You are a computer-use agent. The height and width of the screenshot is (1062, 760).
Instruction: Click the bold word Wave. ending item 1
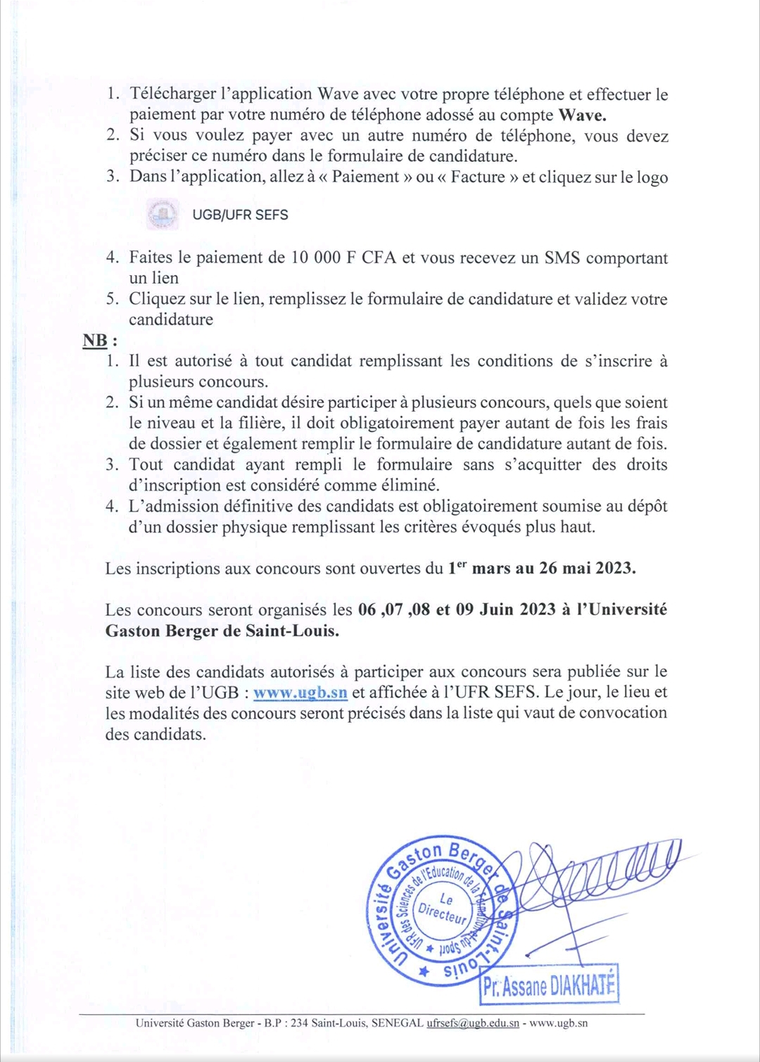[582, 115]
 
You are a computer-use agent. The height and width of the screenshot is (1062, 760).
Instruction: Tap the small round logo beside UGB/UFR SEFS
[163, 214]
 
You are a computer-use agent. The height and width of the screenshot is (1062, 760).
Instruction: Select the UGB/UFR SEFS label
[240, 215]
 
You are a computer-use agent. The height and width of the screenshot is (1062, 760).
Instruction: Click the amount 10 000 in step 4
[316, 258]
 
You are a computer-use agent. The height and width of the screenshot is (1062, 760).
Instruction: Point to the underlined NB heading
[96, 341]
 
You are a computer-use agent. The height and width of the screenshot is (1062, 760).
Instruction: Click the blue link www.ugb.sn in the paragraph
[300, 693]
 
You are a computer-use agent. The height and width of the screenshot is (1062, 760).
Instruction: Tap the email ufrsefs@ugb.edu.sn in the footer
[473, 1023]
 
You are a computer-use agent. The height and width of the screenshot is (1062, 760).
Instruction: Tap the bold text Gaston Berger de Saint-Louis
[222, 631]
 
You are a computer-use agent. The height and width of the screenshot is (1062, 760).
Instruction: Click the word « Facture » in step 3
[477, 177]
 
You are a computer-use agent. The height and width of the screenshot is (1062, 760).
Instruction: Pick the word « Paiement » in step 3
[365, 177]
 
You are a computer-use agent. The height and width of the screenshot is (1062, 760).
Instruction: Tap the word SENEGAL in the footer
[398, 1023]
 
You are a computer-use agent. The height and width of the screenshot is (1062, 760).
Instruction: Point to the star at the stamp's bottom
[423, 972]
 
